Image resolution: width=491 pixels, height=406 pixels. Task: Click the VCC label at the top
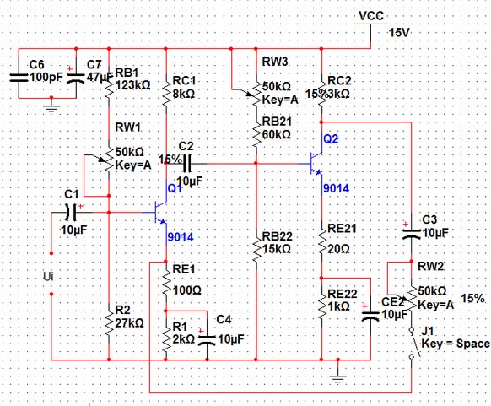pos(370,16)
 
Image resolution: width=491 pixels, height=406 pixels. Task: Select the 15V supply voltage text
pos(399,33)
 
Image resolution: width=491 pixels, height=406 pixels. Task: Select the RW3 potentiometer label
pos(275,62)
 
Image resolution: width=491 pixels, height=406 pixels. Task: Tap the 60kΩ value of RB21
pos(277,134)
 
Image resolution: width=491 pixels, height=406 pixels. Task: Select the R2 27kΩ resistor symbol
pos(108,321)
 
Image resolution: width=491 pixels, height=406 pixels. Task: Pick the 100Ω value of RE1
pos(186,290)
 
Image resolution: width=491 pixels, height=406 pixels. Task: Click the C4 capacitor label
pos(224,319)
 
